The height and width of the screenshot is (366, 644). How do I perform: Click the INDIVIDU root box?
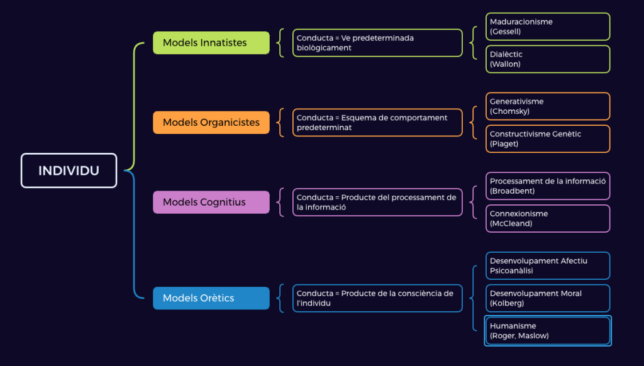(x=69, y=170)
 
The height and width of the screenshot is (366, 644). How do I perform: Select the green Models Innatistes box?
(x=211, y=43)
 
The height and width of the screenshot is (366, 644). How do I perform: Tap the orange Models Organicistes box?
(x=211, y=122)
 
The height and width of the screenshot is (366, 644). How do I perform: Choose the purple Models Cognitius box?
(x=211, y=202)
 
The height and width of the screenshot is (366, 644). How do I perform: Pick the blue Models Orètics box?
(x=211, y=298)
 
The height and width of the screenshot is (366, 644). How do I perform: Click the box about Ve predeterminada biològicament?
(x=377, y=43)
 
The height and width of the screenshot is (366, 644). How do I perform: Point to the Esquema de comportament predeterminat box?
(x=377, y=122)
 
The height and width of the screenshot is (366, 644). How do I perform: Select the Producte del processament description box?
(x=377, y=202)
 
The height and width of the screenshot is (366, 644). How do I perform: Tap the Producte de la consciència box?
(x=377, y=298)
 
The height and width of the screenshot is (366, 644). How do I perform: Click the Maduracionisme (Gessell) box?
(x=547, y=26)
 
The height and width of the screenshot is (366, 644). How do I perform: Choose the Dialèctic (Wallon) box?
(x=547, y=59)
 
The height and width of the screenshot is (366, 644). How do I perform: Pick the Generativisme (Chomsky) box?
(x=547, y=106)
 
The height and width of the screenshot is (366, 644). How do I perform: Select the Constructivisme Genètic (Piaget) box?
(x=547, y=139)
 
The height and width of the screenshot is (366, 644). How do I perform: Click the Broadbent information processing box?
(x=547, y=186)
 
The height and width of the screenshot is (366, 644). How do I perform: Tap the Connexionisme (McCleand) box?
(x=547, y=218)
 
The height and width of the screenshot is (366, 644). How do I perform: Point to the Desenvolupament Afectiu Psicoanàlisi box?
(x=547, y=265)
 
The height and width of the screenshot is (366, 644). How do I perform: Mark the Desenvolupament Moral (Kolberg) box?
(x=547, y=298)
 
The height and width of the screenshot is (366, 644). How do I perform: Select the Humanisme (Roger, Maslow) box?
(x=547, y=331)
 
